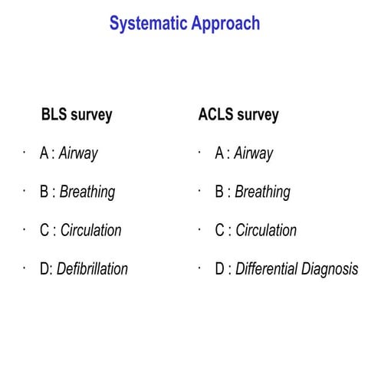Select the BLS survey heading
click(77, 115)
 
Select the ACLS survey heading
click(238, 115)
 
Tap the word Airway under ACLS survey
click(254, 153)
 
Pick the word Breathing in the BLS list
click(87, 192)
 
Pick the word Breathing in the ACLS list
click(263, 192)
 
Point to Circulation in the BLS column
click(91, 230)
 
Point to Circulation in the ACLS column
click(266, 230)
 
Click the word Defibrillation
click(93, 268)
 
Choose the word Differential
click(269, 269)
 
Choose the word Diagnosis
click(332, 269)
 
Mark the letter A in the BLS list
click(44, 153)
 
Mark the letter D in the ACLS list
click(220, 269)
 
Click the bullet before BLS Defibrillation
click(25, 266)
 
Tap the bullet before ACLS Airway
click(199, 151)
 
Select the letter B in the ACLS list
click(220, 192)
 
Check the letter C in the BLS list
click(44, 230)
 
